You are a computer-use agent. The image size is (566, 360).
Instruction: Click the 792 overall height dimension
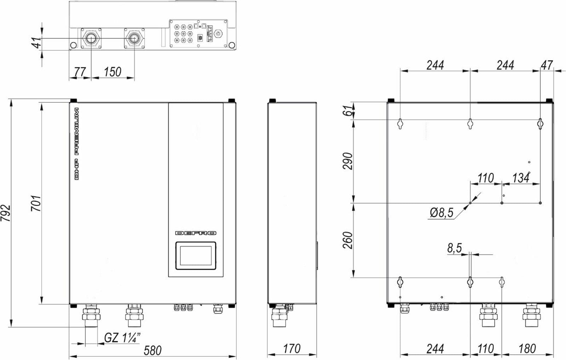pos(6,213)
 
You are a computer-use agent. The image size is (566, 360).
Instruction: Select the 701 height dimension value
pos(36,203)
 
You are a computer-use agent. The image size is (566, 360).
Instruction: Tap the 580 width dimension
pos(152,350)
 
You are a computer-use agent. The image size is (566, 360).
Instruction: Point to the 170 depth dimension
pos(292,349)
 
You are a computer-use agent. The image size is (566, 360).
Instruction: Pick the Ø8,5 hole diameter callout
pos(442,213)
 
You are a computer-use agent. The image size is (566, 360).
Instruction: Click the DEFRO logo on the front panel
pos(196,233)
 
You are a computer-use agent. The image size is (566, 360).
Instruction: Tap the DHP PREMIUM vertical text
pos(76,144)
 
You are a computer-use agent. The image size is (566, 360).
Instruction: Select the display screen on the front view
pos(196,256)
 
